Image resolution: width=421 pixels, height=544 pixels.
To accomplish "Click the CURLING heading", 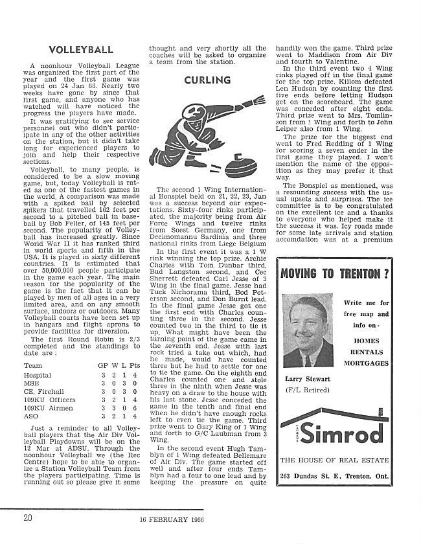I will (x=207, y=80).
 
